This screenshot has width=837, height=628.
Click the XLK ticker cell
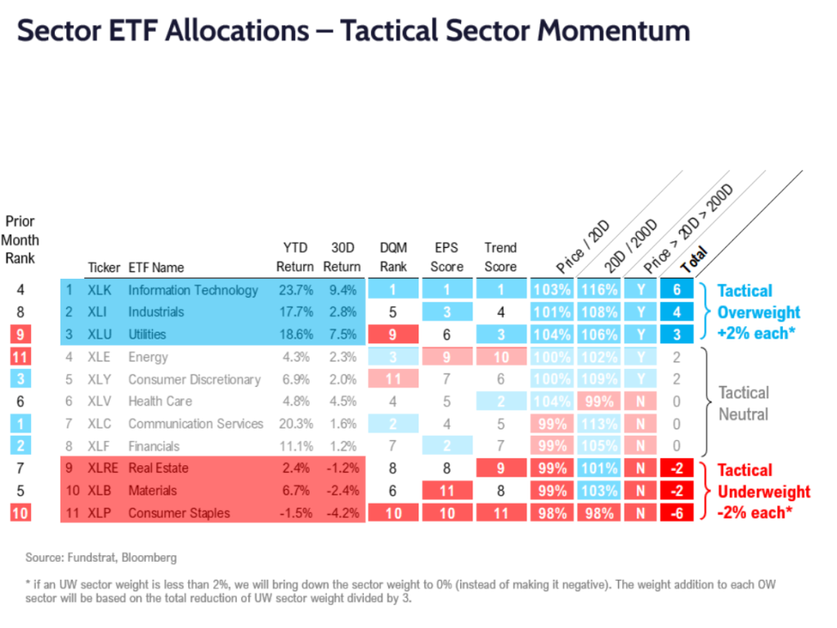99,289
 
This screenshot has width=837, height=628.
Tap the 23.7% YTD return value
294,289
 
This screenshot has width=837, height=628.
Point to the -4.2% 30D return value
342,513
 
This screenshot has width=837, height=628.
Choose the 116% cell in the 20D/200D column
598,289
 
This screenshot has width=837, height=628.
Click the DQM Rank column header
393,256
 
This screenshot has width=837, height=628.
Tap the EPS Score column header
447,256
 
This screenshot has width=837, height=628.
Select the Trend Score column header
500,256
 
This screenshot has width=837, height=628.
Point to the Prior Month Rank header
20,239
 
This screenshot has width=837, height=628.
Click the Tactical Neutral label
743,403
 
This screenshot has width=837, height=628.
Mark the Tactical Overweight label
758,312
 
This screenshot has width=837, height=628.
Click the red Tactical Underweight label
763,491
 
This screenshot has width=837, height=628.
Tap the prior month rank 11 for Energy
20,357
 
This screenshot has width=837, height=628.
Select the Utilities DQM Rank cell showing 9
393,334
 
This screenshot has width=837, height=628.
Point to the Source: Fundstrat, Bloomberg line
101,558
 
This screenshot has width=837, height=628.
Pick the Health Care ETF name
161,401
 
